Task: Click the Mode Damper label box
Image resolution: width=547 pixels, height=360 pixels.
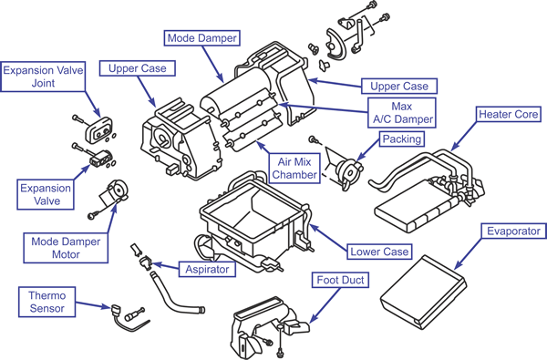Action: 202,37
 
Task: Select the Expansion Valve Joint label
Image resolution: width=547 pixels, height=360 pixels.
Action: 43,77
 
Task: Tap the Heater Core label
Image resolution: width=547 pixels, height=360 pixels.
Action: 509,114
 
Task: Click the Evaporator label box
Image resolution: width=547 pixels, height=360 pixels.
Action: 513,231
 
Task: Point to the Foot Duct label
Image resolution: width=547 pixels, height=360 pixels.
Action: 340,280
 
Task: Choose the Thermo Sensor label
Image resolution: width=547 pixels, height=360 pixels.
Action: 46,302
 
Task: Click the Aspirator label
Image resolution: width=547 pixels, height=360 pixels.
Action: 207,269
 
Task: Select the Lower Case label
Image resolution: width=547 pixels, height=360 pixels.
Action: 379,252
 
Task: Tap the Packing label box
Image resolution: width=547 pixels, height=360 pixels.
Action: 402,139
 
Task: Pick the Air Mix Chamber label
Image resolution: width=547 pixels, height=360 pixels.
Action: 294,168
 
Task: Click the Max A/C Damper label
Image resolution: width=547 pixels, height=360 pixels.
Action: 402,113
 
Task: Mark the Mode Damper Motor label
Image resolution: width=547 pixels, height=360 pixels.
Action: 66,248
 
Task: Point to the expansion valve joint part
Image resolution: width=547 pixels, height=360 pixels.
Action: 99,129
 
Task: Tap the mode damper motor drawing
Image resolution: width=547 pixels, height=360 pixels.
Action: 115,195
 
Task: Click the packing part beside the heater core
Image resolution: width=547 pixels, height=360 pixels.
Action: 349,171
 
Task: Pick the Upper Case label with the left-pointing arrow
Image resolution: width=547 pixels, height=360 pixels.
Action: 399,87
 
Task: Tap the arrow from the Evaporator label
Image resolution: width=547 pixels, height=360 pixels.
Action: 469,253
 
